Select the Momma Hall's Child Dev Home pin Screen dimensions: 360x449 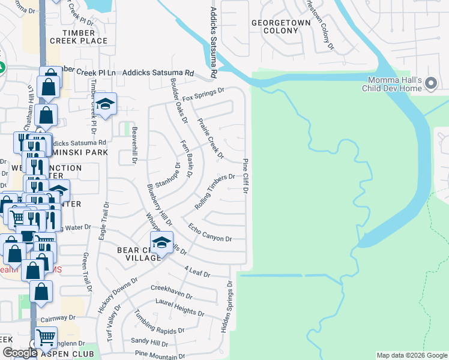pyautogui.click(x=430, y=83)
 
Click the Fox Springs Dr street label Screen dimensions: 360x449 pyautogui.click(x=203, y=94)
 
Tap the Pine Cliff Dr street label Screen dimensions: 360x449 pyautogui.click(x=246, y=176)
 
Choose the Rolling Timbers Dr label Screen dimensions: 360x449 pyautogui.click(x=214, y=191)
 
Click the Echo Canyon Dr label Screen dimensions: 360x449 pyautogui.click(x=209, y=233)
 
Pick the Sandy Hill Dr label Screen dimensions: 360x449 pyautogui.click(x=149, y=343)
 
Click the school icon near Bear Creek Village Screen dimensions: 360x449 pyautogui.click(x=161, y=242)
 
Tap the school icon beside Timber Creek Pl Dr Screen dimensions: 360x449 pyautogui.click(x=105, y=104)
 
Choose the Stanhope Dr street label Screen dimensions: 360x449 pyautogui.click(x=167, y=174)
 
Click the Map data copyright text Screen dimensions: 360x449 pyautogui.click(x=412, y=355)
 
